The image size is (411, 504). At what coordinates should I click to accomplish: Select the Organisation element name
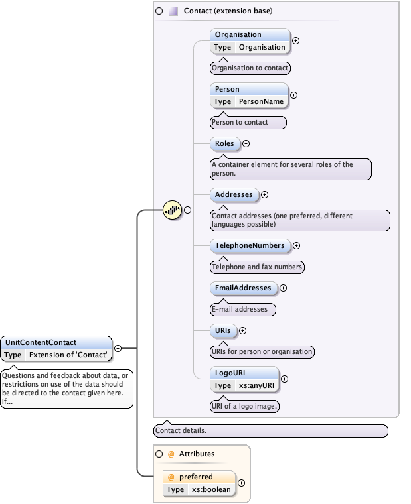237,34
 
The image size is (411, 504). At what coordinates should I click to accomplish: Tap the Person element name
226,89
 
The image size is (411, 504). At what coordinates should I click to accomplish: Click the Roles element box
225,143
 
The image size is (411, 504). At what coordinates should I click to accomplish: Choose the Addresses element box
234,194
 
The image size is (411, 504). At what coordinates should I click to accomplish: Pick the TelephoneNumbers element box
250,245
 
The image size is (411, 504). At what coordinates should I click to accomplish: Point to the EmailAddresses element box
243,288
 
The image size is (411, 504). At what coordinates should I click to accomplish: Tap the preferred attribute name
196,477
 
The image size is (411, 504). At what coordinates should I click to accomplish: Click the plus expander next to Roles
246,143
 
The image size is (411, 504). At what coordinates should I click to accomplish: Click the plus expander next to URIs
242,330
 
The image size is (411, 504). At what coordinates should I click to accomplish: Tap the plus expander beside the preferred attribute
242,483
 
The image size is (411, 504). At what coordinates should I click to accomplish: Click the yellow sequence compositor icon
172,210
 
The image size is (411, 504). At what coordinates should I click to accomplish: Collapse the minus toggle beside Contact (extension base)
159,11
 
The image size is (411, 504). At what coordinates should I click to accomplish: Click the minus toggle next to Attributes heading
159,454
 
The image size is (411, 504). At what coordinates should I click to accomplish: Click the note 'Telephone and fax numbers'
257,267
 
